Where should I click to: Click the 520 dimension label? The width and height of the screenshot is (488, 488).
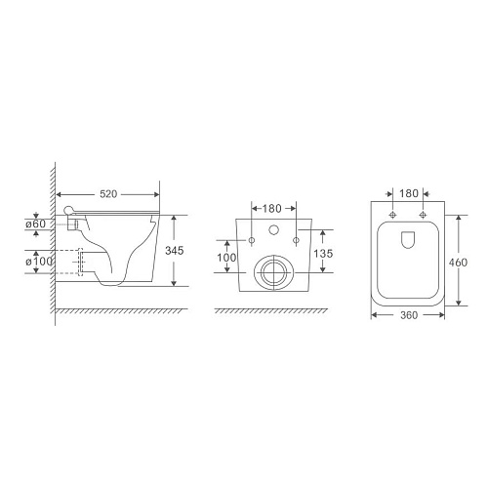click(x=108, y=194)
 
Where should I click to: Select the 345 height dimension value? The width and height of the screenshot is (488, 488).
click(x=175, y=251)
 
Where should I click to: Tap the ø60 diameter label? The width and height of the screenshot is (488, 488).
click(x=36, y=224)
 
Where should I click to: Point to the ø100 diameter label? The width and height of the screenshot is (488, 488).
click(x=39, y=262)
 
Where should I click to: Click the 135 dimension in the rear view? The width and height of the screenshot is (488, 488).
click(x=323, y=254)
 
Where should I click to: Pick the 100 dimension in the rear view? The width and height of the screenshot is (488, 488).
click(x=226, y=258)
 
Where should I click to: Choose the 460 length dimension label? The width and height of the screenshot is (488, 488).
click(x=458, y=263)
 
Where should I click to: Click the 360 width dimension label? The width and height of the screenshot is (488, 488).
click(x=408, y=315)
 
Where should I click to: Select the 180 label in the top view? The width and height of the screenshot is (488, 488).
click(x=409, y=193)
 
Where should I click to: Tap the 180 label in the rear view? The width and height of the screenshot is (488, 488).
click(x=271, y=209)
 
